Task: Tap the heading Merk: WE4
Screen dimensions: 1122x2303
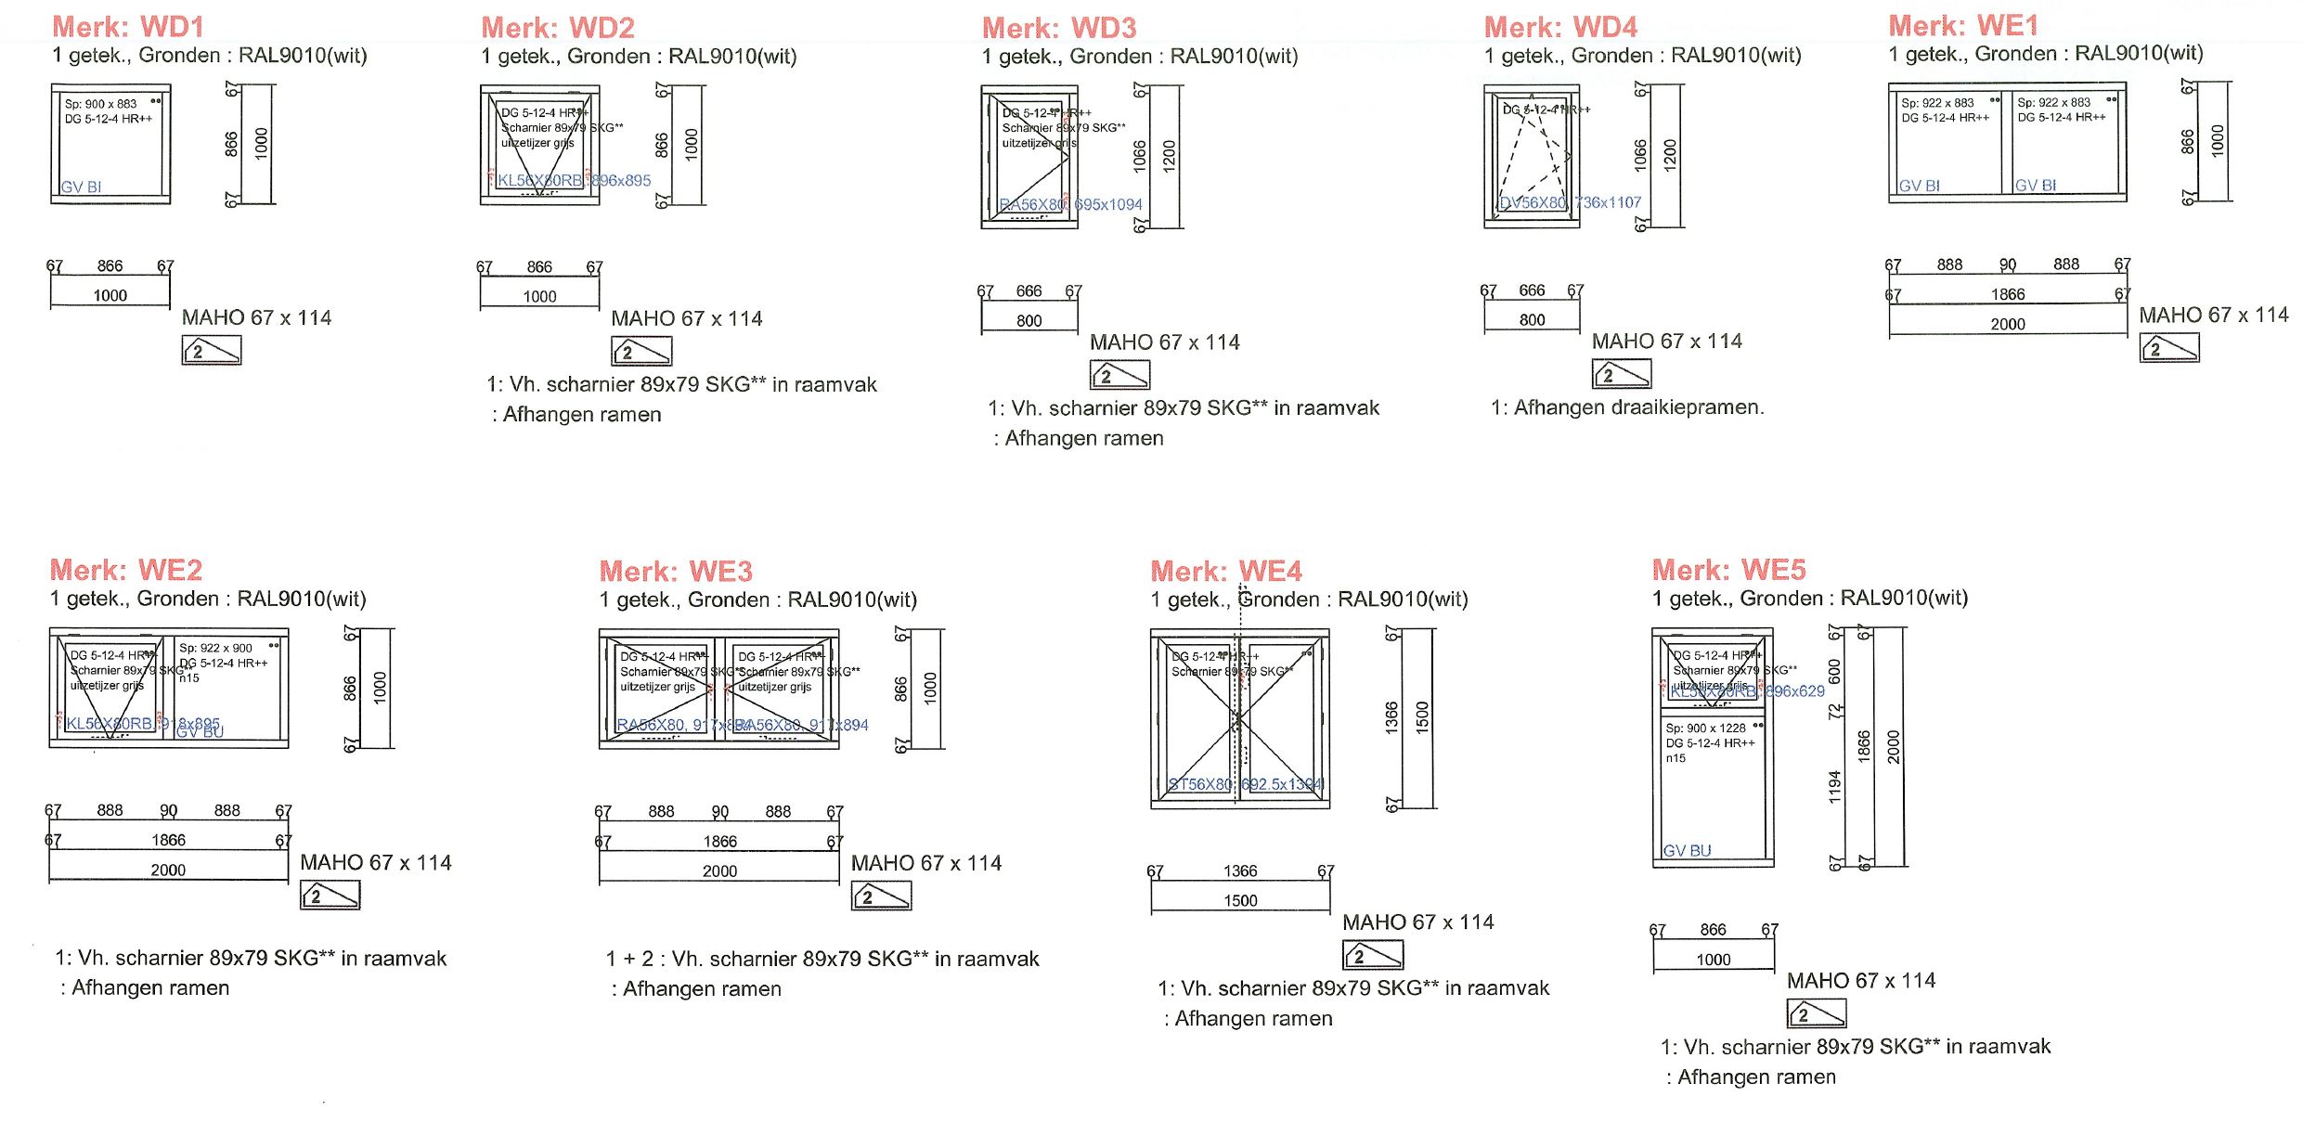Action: pos(1225,571)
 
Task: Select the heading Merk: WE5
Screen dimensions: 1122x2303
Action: pos(1728,570)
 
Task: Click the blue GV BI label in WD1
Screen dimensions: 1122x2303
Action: pos(82,187)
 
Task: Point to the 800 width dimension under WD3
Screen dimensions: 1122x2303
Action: pos(1029,321)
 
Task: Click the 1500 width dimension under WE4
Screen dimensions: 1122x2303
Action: pos(1240,901)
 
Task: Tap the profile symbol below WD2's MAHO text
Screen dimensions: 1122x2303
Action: pos(641,351)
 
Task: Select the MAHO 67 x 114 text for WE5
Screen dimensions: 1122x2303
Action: pos(1860,981)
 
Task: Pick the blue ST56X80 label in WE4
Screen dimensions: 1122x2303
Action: pos(1200,784)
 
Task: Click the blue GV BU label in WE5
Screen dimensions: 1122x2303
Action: pos(1687,850)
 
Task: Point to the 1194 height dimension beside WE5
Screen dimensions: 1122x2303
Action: pos(1834,788)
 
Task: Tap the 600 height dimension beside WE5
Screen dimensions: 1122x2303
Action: pos(1834,670)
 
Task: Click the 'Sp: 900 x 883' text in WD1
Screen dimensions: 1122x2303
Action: pos(100,104)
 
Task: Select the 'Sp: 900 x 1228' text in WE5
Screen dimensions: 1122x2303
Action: pos(1705,729)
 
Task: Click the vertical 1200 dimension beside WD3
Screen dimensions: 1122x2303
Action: pos(1170,155)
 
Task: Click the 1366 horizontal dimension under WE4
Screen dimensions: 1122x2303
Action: pos(1240,871)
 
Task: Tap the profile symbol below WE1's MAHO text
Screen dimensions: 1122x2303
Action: pos(2169,348)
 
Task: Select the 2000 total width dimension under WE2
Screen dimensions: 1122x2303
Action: pos(168,871)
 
